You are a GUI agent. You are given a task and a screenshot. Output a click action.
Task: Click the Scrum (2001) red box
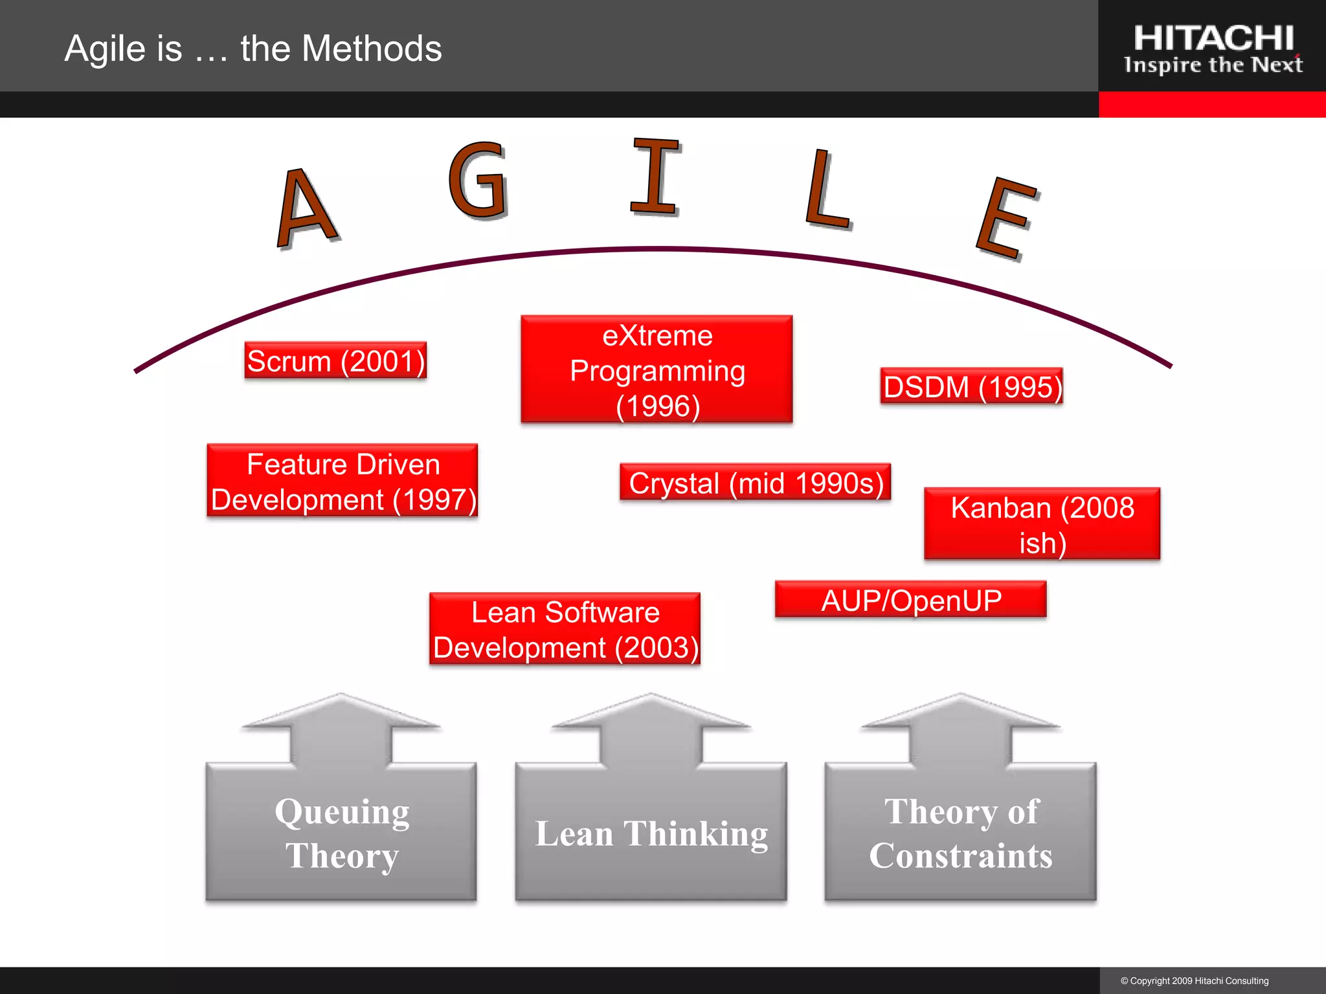[335, 360]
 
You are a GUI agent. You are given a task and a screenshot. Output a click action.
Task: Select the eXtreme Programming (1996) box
[657, 370]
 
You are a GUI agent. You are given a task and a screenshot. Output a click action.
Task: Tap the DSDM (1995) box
[971, 386]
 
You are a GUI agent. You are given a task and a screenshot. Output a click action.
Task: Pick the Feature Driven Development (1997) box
[343, 481]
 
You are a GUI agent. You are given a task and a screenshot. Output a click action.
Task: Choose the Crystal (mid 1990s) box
[755, 482]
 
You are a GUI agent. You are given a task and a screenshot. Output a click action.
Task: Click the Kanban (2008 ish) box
[1042, 524]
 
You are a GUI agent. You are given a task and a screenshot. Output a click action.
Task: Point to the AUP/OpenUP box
[910, 599]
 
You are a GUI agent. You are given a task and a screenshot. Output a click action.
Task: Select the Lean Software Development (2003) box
[565, 629]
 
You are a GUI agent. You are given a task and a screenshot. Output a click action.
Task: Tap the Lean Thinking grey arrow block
[651, 832]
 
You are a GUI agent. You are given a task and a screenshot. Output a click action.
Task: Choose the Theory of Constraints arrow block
[960, 832]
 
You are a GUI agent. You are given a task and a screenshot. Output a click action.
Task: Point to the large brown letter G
[478, 181]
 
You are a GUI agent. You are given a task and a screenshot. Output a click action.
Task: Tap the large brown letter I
[655, 176]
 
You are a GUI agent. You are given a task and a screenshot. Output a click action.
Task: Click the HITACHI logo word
[1213, 39]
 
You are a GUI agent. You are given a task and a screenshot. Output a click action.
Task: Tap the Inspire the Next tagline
[1213, 65]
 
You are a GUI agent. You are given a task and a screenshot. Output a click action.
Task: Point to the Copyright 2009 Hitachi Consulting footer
[1195, 981]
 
